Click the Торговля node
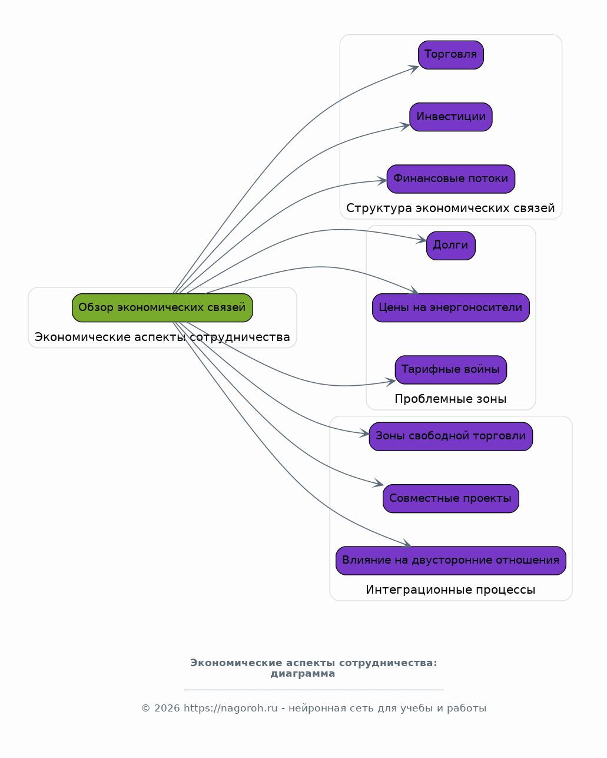(x=450, y=55)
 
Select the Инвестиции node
(x=450, y=117)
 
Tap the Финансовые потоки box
(x=450, y=179)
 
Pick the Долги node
(x=450, y=246)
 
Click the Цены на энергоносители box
(x=450, y=307)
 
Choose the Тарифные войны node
(x=450, y=369)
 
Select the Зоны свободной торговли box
(x=450, y=436)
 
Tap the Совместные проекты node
(x=450, y=498)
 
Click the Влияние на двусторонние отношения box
(x=450, y=560)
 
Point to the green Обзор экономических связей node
(x=162, y=307)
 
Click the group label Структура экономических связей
(x=450, y=208)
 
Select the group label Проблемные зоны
(x=450, y=399)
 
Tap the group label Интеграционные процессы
(x=450, y=590)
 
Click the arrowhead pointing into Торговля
(x=414, y=68)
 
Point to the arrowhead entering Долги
(x=422, y=240)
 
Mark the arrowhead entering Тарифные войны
(x=391, y=382)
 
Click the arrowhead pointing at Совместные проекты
(x=379, y=483)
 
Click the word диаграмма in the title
(x=303, y=673)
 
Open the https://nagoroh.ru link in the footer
(x=231, y=708)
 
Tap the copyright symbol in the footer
(x=146, y=708)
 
